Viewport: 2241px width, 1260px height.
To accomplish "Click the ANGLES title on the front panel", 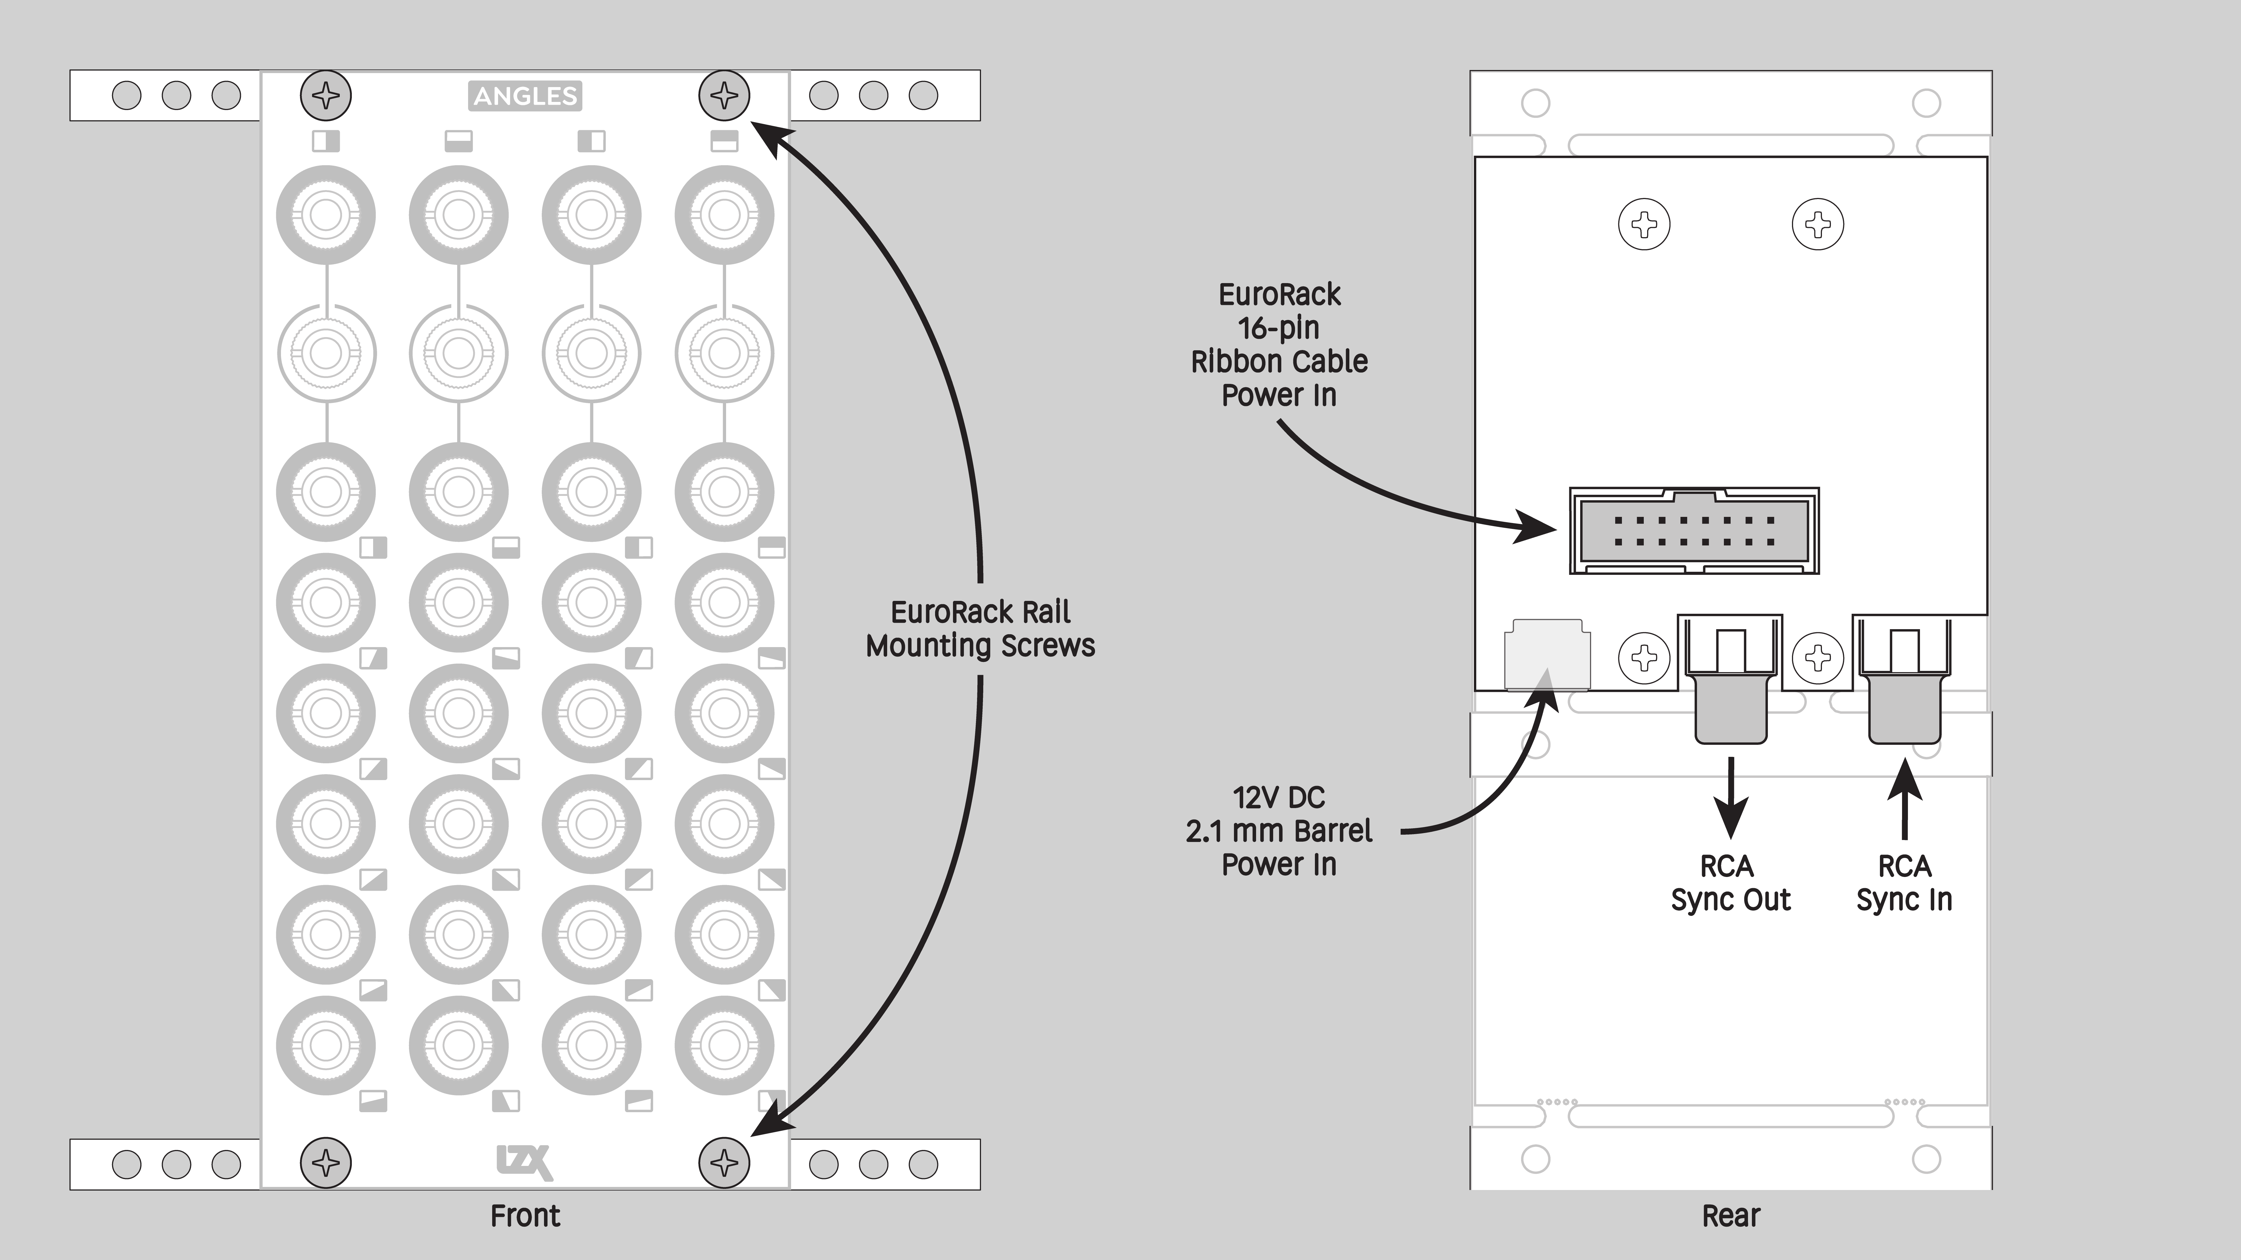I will pyautogui.click(x=526, y=96).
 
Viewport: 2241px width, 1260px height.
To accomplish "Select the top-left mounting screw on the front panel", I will pyautogui.click(x=326, y=96).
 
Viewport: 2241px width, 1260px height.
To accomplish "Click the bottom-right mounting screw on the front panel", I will pyautogui.click(x=724, y=1163).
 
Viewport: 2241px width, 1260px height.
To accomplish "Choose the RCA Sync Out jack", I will pyautogui.click(x=1730, y=687).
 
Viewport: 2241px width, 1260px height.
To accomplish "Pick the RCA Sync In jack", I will pyautogui.click(x=1904, y=687).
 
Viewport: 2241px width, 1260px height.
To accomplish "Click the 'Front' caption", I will pyautogui.click(x=525, y=1216).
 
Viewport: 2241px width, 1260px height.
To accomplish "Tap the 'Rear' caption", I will pyautogui.click(x=1730, y=1216).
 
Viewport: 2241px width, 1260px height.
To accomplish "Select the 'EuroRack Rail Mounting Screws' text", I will pyautogui.click(x=980, y=629).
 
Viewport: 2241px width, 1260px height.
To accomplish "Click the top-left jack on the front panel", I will pyautogui.click(x=326, y=215).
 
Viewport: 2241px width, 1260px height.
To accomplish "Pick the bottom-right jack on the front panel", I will pyautogui.click(x=724, y=1045).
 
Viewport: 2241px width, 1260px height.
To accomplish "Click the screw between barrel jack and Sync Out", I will pyautogui.click(x=1643, y=657).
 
